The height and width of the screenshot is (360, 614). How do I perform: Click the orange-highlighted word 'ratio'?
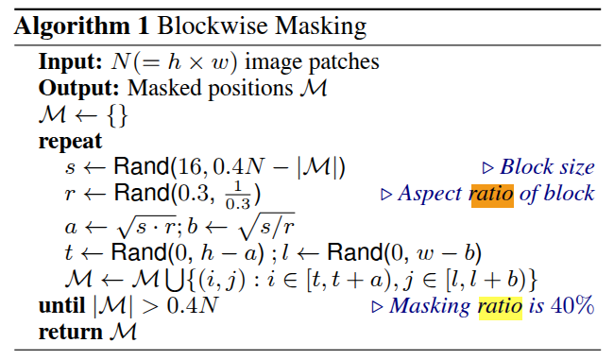491,194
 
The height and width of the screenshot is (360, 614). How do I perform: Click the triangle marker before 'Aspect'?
385,195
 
